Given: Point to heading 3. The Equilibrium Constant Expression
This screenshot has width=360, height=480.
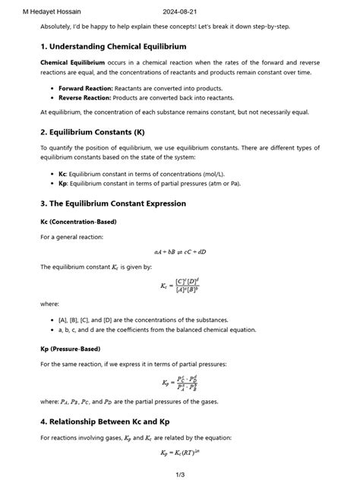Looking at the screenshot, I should click(x=113, y=204).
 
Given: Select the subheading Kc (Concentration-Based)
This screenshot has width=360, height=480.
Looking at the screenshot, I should click(x=78, y=222).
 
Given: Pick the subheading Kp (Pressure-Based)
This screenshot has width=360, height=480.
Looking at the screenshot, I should click(x=71, y=349).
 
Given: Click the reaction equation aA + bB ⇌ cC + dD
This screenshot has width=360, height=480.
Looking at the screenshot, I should click(x=179, y=251).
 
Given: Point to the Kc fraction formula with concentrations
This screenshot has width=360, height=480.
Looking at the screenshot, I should click(x=179, y=286).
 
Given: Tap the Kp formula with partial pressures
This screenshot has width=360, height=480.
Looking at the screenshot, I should click(x=180, y=383).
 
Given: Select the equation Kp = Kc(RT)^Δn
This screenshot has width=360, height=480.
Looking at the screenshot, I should click(x=179, y=453).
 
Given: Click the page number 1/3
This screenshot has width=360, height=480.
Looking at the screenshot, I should click(x=179, y=474).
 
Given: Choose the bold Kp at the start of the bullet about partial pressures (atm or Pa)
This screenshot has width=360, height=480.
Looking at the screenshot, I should click(x=62, y=183).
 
